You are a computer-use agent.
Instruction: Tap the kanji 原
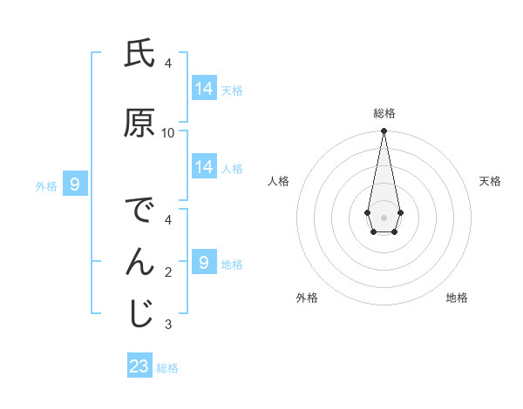pos(139,124)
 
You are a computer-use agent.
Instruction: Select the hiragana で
pos(139,211)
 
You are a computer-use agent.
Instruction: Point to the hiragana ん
pos(139,262)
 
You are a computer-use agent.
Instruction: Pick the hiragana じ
pos(139,314)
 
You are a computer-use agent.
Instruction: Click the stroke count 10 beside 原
pos(168,133)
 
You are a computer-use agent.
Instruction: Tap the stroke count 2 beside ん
pos(168,272)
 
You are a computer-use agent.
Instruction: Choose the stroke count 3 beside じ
pos(168,325)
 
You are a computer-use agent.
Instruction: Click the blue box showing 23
pos(139,366)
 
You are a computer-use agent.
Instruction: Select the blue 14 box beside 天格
pos(204,89)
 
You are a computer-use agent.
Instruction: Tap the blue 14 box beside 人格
pos(204,167)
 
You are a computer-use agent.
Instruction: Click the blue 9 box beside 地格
pos(204,263)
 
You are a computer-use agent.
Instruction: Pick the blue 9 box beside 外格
pos(75,184)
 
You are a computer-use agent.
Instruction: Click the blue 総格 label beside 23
pos(167,368)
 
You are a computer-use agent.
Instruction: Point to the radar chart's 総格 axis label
pos(384,113)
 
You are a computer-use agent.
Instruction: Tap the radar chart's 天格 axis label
pos(490,181)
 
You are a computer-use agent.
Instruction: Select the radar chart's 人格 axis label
pos(278,181)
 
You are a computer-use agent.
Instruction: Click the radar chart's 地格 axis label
pos(457,298)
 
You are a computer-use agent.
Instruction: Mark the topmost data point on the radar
pos(384,131)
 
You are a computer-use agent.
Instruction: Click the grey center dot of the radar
pos(384,216)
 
